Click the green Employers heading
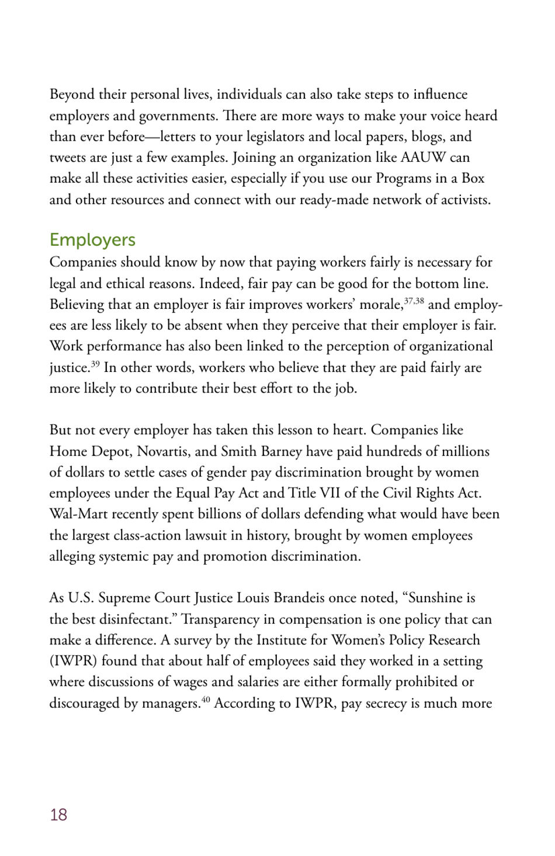click(x=92, y=240)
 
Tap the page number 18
click(x=58, y=815)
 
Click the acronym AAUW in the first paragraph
click(x=423, y=158)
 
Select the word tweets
click(x=67, y=158)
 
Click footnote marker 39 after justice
click(x=95, y=364)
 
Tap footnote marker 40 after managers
click(x=206, y=700)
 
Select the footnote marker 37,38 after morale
click(x=414, y=301)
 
